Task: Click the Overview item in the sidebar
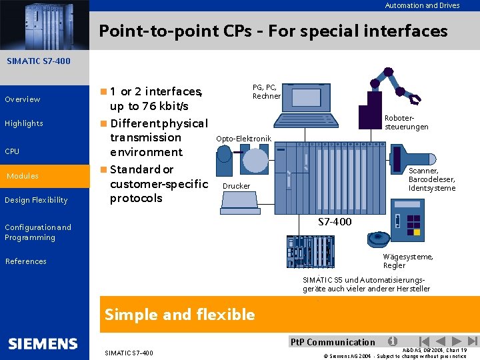coord(23,99)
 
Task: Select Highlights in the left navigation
coord(24,123)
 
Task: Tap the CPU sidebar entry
coord(12,151)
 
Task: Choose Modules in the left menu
coord(23,176)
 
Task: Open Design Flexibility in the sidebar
coord(36,200)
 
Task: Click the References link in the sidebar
coord(26,261)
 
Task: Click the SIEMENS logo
coord(43,344)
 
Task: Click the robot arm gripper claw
coord(414,99)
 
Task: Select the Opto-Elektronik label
coord(243,139)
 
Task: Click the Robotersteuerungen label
coord(406,122)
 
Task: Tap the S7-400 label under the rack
coord(334,222)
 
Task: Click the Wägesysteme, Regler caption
coord(407,261)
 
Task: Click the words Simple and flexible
coord(179,314)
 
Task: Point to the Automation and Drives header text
coord(422,5)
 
